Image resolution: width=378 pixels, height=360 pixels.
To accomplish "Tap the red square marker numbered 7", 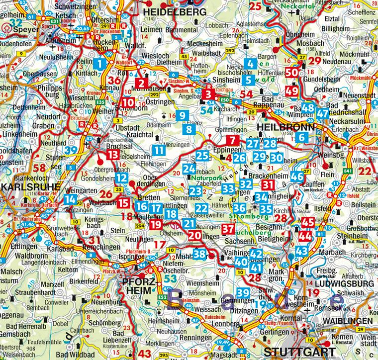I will tap(232, 140).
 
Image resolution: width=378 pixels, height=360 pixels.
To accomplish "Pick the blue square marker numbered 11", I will tap(159, 150).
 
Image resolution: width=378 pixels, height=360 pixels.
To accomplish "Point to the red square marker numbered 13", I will tap(113, 155).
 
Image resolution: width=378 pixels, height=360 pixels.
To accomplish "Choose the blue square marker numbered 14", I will tap(70, 200).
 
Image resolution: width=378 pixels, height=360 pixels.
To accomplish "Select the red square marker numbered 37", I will tap(228, 229).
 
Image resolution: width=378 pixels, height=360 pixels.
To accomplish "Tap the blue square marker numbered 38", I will tap(199, 254).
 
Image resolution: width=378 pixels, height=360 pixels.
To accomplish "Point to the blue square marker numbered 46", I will tap(297, 177).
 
